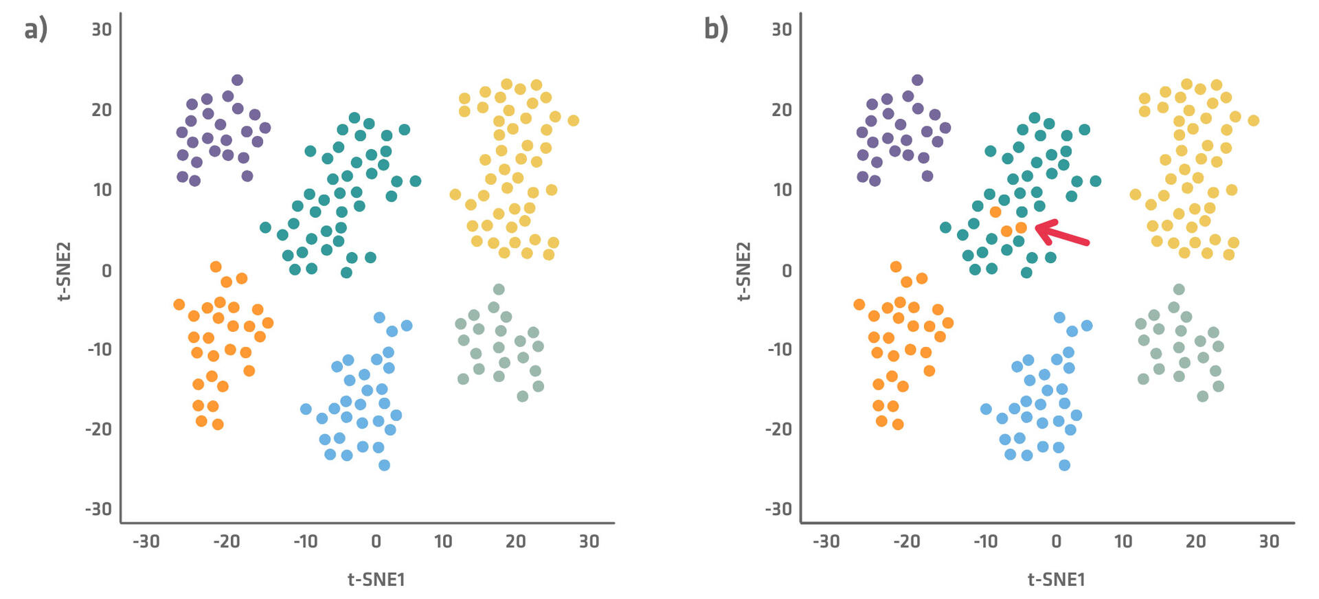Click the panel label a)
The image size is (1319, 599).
coord(36,30)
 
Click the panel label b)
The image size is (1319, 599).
coord(716,30)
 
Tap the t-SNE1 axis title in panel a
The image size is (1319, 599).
coord(376,579)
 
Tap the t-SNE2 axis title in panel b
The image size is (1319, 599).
coord(743,271)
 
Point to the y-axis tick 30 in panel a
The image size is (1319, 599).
coord(102,30)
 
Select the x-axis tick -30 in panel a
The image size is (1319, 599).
coord(146,541)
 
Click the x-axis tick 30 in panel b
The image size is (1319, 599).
coord(1268,541)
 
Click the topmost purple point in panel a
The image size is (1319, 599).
coord(237,80)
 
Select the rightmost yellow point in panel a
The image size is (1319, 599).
coord(573,121)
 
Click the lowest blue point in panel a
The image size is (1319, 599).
coord(384,465)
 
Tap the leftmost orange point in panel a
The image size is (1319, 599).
coord(179,304)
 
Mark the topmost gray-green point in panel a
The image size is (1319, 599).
coord(499,289)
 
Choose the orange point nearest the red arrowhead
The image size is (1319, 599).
coord(1021,227)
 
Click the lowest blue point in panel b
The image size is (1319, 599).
coord(1064,465)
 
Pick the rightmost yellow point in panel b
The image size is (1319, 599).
coord(1253,121)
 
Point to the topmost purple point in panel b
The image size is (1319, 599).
coord(917,80)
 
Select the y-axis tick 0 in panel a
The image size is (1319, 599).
coord(106,271)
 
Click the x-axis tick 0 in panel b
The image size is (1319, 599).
coord(1056,541)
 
